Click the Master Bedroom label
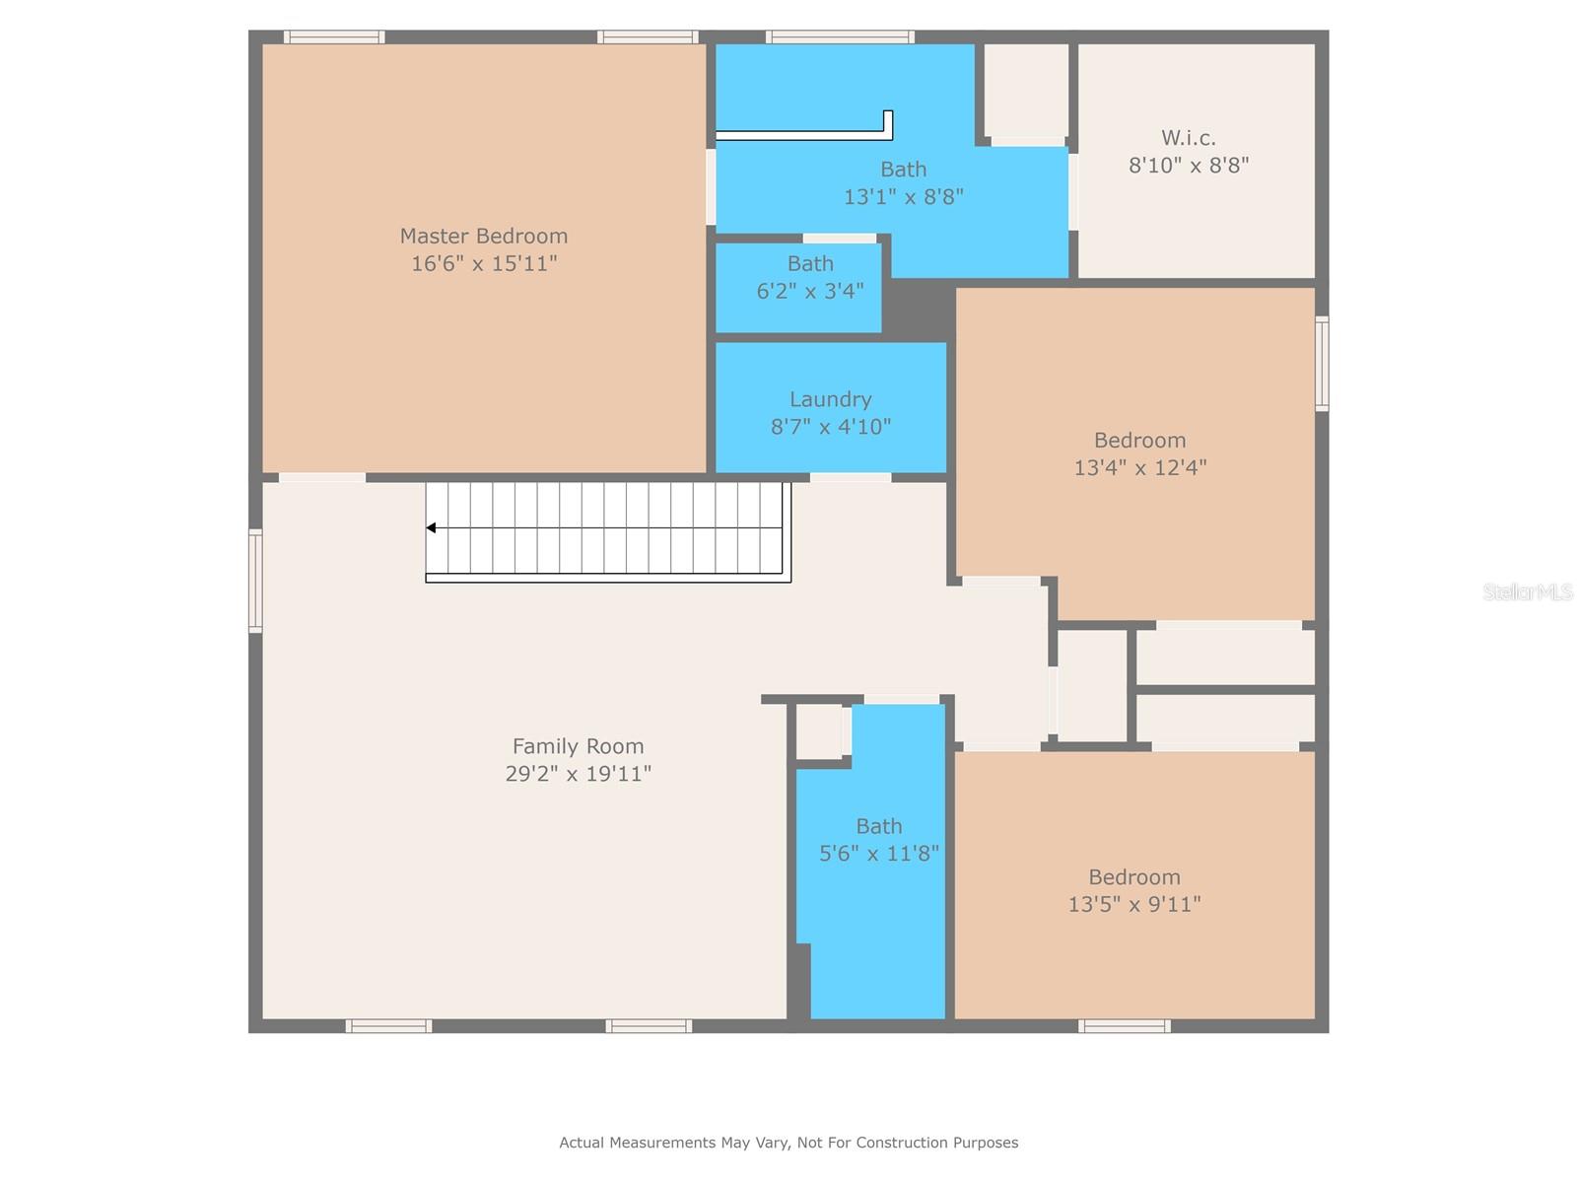(x=484, y=236)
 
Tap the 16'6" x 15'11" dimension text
(x=484, y=263)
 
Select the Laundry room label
(x=831, y=399)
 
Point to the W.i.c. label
(x=1189, y=137)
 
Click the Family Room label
(x=578, y=746)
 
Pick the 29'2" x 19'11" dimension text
(x=578, y=774)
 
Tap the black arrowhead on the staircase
(x=431, y=528)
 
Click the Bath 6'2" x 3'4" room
(x=798, y=287)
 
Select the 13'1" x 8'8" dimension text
(x=903, y=197)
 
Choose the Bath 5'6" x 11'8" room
(x=878, y=862)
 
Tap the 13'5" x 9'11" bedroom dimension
(x=1133, y=904)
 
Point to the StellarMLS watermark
(x=1528, y=591)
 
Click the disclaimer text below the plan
(x=788, y=1142)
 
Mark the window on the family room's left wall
(x=255, y=581)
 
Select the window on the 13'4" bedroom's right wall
(x=1322, y=364)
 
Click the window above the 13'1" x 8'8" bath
(x=840, y=36)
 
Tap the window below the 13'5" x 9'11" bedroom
(x=1125, y=1025)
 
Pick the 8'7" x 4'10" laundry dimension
(x=831, y=427)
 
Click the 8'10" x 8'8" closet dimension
(x=1189, y=166)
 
